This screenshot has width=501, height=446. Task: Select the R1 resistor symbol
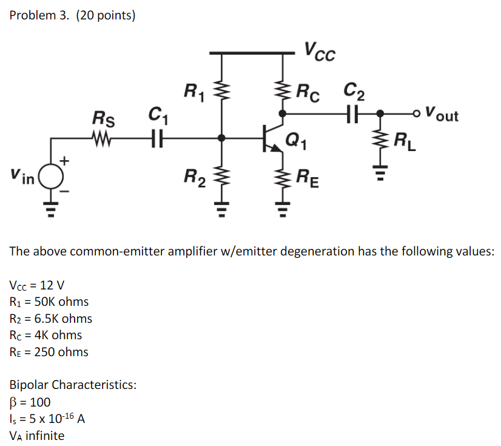[x=222, y=94]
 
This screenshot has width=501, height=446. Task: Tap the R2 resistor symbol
[x=222, y=178]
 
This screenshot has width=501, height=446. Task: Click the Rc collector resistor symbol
[x=283, y=93]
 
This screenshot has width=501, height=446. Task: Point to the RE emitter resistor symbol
[x=283, y=178]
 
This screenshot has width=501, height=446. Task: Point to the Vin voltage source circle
[x=51, y=176]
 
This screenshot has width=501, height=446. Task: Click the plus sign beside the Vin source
[x=65, y=161]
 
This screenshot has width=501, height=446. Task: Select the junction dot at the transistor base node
[x=222, y=138]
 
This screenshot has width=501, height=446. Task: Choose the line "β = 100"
[x=30, y=402]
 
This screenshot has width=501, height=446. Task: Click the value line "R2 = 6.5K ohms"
[x=51, y=319]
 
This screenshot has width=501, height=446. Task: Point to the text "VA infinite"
[x=37, y=435]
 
